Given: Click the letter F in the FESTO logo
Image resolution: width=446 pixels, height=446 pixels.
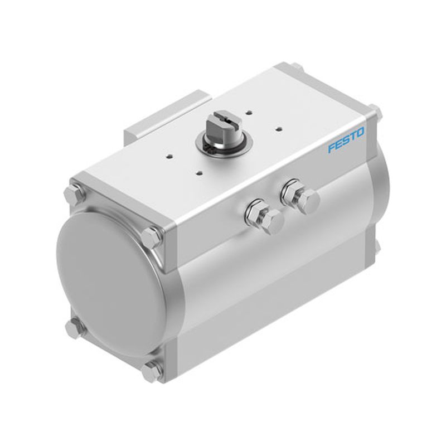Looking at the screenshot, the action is pyautogui.click(x=332, y=148).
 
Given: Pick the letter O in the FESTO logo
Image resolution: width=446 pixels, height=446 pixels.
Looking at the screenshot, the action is pyautogui.click(x=359, y=132).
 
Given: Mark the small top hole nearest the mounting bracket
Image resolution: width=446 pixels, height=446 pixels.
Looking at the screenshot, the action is pyautogui.click(x=169, y=156).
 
